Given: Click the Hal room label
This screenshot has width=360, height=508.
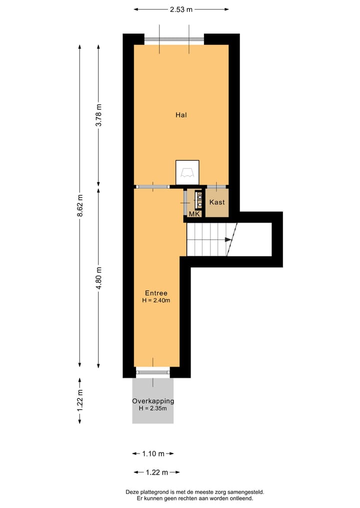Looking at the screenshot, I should [x=181, y=115].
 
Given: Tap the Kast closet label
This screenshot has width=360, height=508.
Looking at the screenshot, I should [x=217, y=202].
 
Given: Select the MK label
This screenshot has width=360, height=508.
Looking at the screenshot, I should [x=194, y=214].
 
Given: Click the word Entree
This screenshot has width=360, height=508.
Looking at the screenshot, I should [x=156, y=293].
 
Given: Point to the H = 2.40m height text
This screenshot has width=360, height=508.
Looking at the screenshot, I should [x=156, y=301].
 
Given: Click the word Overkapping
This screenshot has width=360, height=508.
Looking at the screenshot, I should [x=153, y=401].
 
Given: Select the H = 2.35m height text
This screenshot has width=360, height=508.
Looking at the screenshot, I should [x=153, y=409].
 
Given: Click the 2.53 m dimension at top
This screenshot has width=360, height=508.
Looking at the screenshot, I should [x=181, y=9].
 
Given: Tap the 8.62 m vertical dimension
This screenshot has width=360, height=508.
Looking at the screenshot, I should [x=79, y=205].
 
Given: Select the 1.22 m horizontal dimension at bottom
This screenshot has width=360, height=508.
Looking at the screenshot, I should [x=156, y=472].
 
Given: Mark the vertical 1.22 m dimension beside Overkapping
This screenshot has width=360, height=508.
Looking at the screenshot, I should [x=79, y=401].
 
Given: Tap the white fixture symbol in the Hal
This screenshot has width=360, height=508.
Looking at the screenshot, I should [x=187, y=172].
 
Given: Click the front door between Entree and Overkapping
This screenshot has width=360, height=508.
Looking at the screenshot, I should [x=153, y=372].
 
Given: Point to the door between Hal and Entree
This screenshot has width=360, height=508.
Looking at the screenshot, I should [x=152, y=187].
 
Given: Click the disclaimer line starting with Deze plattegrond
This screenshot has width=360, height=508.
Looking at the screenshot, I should [x=194, y=492].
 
